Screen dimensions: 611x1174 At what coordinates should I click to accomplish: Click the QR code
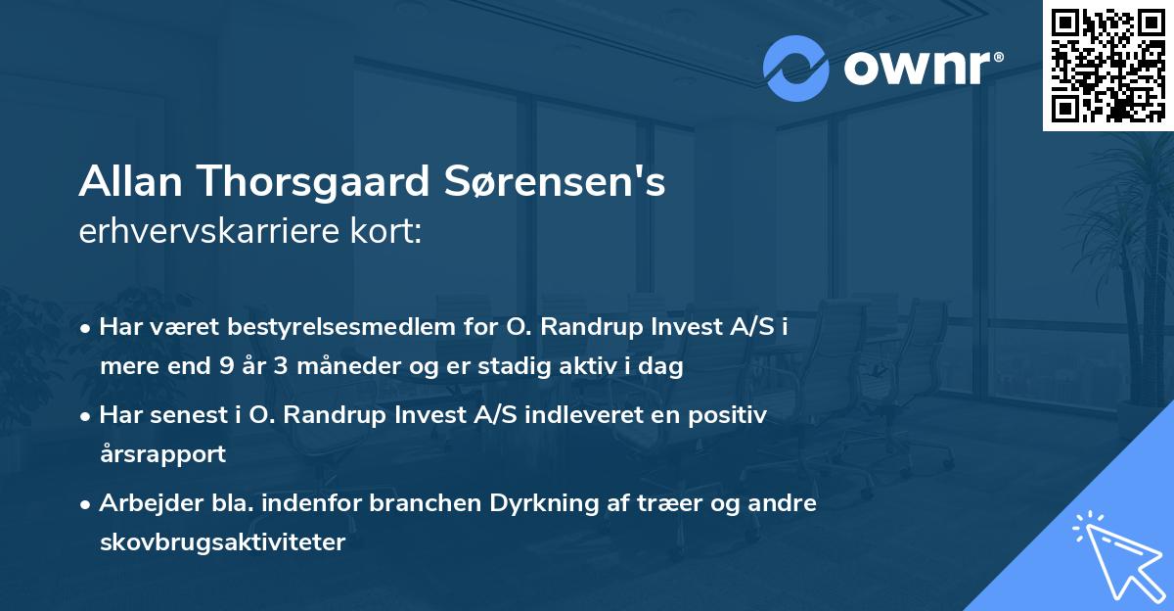(x=1108, y=65)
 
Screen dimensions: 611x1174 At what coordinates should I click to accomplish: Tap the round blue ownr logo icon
(x=795, y=69)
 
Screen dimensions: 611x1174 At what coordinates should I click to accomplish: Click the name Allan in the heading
(x=131, y=183)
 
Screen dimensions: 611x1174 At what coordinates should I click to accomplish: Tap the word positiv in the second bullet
(x=731, y=415)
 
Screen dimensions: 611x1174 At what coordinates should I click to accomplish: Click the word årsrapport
(x=162, y=454)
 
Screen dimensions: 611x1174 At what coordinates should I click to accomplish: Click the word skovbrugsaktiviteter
(x=222, y=542)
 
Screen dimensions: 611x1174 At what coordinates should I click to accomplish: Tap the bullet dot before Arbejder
(x=88, y=504)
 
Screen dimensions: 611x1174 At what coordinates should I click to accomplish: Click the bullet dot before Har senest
(x=88, y=416)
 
